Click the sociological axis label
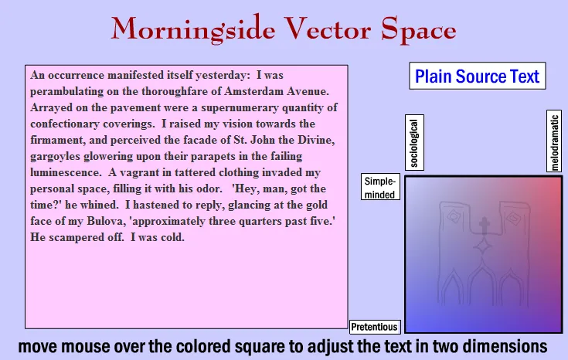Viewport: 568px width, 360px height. tap(414, 142)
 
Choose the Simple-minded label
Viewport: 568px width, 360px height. tap(381, 187)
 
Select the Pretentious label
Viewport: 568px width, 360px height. tap(375, 327)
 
